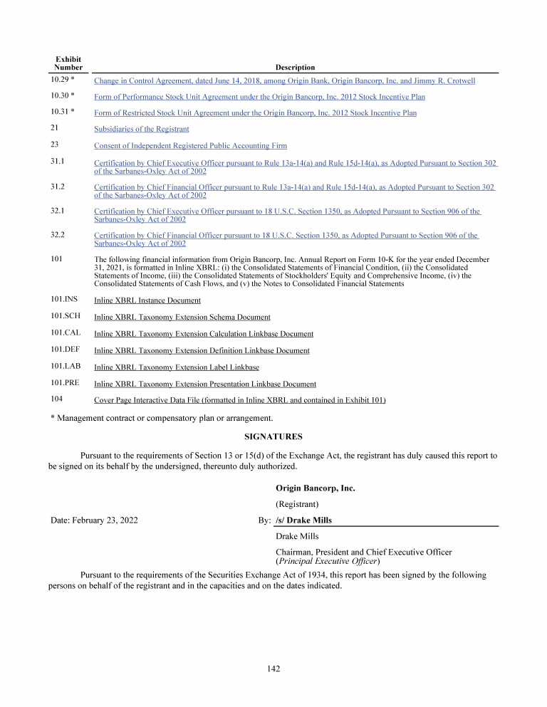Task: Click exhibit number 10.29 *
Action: click(x=63, y=80)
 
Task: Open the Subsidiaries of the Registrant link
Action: click(x=142, y=129)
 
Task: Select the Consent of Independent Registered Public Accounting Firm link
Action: click(x=190, y=146)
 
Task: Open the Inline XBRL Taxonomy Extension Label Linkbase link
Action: click(x=177, y=367)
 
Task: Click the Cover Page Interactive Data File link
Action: click(x=240, y=400)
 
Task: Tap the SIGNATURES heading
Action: click(x=273, y=436)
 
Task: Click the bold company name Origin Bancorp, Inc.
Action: click(x=315, y=488)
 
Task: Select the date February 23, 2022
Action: click(x=94, y=520)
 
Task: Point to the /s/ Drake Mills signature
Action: click(x=303, y=520)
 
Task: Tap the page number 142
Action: click(x=273, y=669)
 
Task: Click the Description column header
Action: click(x=295, y=68)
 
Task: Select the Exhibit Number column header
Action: click(x=68, y=63)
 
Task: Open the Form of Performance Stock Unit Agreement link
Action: click(x=259, y=96)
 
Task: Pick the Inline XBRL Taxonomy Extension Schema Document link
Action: click(x=182, y=317)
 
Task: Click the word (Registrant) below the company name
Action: click(x=297, y=504)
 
